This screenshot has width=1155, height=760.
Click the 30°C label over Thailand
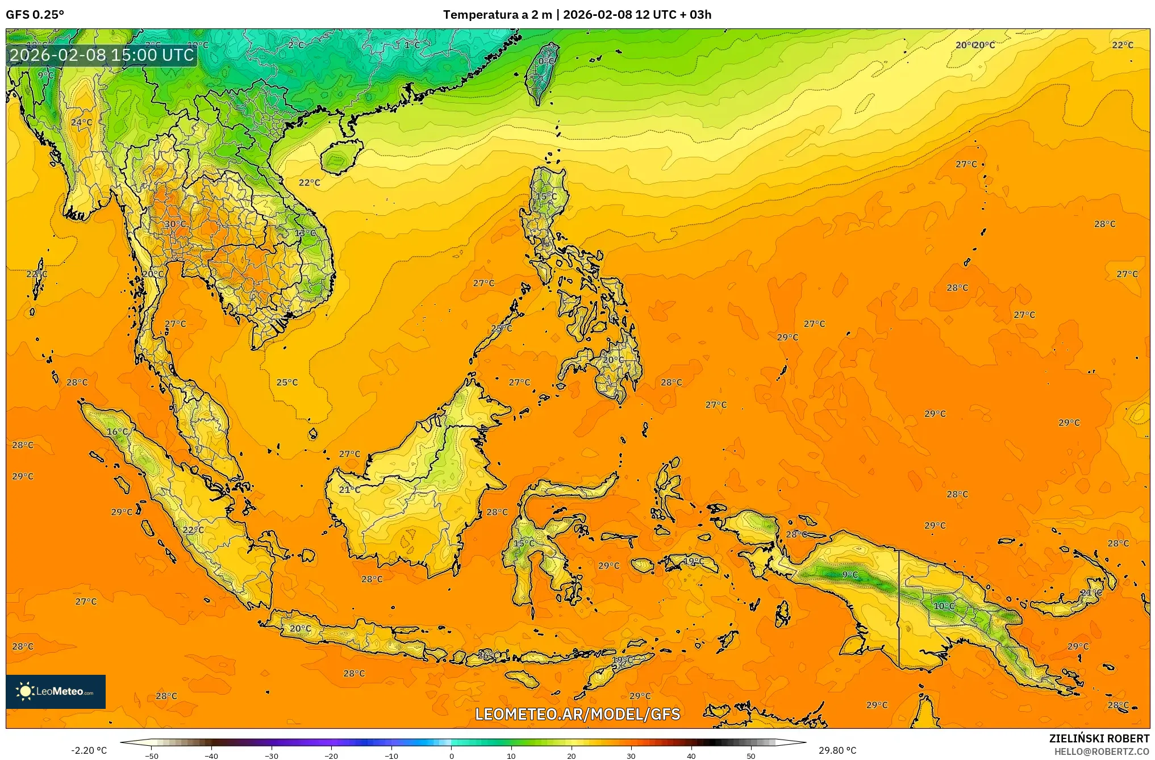175,224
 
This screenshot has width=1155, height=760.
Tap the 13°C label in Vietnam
305,233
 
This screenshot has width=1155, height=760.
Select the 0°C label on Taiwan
546,61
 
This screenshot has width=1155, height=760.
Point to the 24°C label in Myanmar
81,123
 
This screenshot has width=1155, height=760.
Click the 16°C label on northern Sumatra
118,432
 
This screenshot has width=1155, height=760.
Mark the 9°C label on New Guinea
850,575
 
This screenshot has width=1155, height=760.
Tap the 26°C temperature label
488,655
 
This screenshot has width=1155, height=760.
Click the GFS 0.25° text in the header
35,15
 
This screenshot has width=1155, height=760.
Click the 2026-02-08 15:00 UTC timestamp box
102,55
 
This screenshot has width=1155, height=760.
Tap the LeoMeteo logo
56,691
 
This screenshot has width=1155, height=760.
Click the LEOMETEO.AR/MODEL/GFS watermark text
577,714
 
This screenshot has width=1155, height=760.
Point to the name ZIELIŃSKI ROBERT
1099,738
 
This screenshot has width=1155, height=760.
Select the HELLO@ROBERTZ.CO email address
1102,751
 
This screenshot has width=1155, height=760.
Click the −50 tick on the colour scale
152,756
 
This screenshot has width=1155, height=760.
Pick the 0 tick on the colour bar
452,756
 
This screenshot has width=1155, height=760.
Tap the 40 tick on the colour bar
691,756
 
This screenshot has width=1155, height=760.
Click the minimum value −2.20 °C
89,751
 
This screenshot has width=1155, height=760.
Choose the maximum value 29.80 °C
837,751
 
